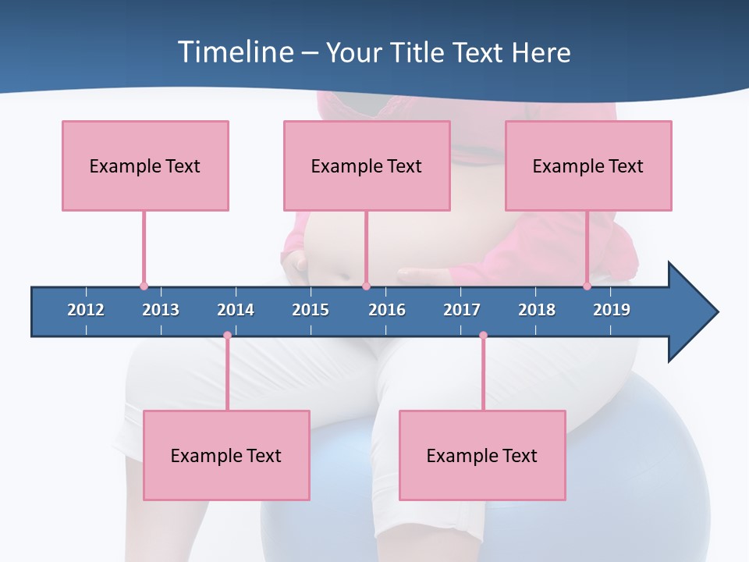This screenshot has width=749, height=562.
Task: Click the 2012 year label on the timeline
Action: [86, 310]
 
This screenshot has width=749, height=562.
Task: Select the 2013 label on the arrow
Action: [161, 310]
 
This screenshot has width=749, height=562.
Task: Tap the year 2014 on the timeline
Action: [236, 310]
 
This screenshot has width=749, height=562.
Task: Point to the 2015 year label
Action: [311, 310]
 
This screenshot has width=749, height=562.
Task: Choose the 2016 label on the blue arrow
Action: [387, 310]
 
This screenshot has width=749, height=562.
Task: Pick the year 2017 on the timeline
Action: [462, 310]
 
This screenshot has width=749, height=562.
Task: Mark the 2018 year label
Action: [537, 310]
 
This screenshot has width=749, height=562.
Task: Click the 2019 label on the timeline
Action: [612, 310]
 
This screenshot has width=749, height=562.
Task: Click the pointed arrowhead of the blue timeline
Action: [694, 312]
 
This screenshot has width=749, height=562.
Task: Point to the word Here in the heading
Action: [541, 52]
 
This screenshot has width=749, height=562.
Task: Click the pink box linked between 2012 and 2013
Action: [145, 165]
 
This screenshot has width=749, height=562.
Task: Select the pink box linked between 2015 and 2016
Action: [367, 165]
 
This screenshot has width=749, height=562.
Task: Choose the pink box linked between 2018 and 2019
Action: [588, 165]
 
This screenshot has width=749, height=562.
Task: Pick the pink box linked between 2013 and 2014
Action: [226, 455]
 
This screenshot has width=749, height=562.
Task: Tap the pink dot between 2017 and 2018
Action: [483, 335]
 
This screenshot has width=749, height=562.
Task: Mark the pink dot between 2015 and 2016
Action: [366, 286]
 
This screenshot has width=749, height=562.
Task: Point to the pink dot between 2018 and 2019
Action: [587, 286]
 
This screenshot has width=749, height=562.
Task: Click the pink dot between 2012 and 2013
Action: [144, 286]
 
